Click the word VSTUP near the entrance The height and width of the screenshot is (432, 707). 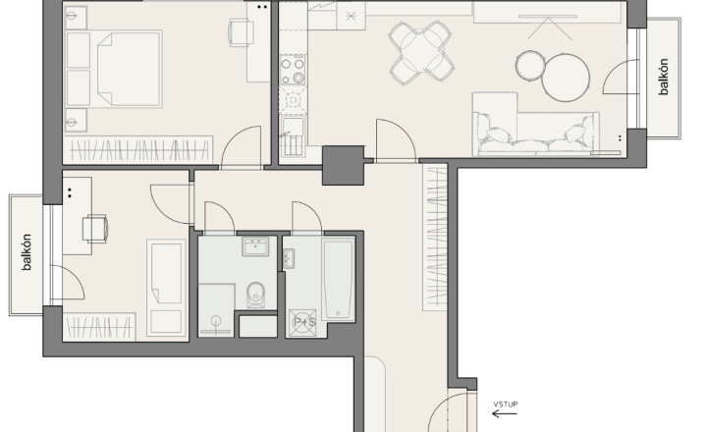pos(506,405)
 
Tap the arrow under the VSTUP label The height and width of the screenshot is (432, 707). pos(505,413)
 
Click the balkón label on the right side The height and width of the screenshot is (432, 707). pos(663,77)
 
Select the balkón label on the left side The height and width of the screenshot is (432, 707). pos(27,252)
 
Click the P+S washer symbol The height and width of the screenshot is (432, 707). pos(302,322)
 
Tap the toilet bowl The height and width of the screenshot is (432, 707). pos(256,295)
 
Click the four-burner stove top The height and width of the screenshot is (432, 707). pos(293,70)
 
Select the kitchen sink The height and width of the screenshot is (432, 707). pos(293,136)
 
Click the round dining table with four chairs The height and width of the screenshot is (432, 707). pos(421,52)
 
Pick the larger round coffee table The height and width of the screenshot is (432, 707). pos(566,78)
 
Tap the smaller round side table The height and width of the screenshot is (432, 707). pos(530,66)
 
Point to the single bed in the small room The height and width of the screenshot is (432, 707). pos(167,288)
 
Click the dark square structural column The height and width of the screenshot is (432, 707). pos(343,165)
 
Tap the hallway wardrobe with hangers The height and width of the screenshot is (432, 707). pos(435,238)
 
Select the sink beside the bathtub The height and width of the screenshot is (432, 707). pos(288,258)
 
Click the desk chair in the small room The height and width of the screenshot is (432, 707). pos(95,228)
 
